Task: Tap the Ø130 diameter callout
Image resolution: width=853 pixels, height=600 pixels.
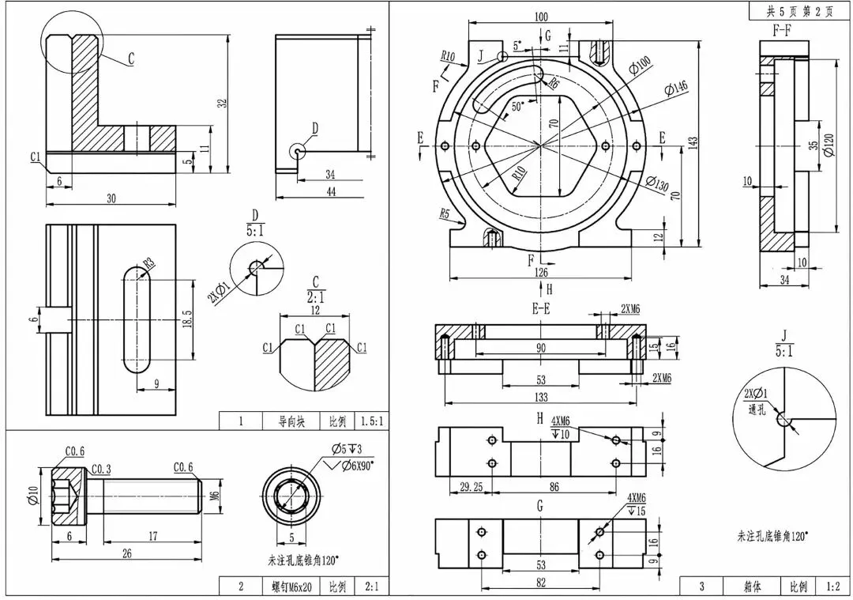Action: pyautogui.click(x=657, y=183)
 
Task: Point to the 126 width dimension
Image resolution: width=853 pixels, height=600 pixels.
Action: pyautogui.click(x=541, y=272)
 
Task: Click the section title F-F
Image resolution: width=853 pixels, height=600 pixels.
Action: pyautogui.click(x=782, y=31)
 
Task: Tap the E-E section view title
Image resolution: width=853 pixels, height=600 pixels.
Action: pyautogui.click(x=541, y=309)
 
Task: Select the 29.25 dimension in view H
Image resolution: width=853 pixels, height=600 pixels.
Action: pyautogui.click(x=471, y=487)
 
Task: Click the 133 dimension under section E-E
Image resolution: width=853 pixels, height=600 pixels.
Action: pyautogui.click(x=541, y=397)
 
